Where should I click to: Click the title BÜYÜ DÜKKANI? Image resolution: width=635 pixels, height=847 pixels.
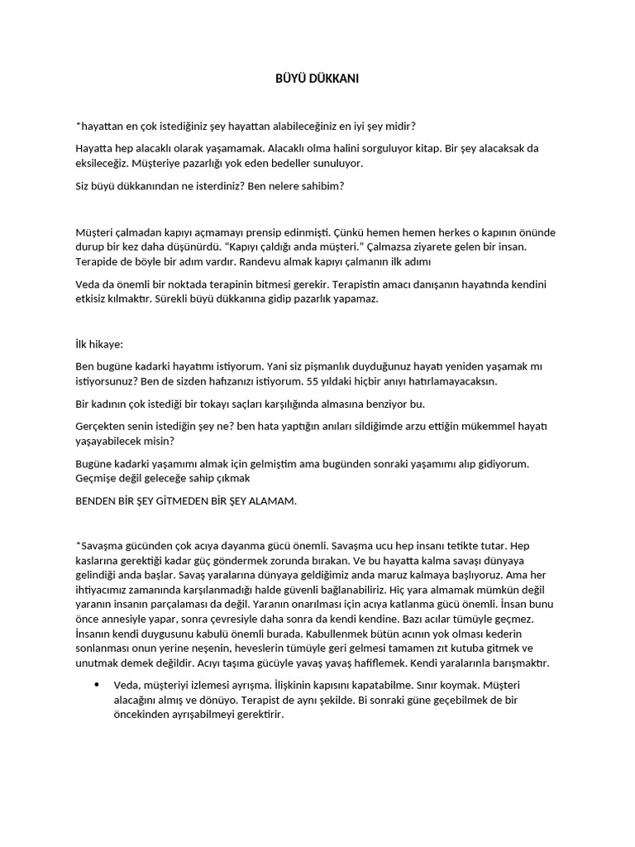click(x=317, y=79)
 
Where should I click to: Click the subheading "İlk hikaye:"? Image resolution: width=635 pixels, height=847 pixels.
click(x=99, y=345)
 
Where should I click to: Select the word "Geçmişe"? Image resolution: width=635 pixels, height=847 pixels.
click(x=96, y=478)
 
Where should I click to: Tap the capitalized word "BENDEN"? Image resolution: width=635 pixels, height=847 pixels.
click(x=98, y=501)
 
